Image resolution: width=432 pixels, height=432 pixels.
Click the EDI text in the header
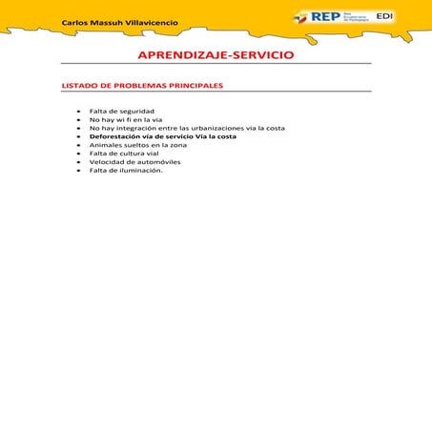click(385, 16)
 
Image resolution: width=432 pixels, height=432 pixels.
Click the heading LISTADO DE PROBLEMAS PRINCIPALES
click(142, 85)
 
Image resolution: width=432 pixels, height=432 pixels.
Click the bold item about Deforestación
click(162, 136)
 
